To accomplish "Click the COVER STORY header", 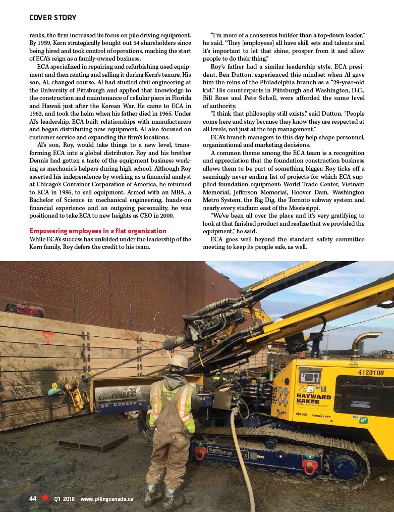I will (52, 18).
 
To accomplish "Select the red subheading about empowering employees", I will (98, 231).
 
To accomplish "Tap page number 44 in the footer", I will (33, 498).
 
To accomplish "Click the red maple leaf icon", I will (45, 498).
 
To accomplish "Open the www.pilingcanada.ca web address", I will (106, 498).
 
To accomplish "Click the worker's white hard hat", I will (179, 361).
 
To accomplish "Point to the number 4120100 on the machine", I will (371, 373).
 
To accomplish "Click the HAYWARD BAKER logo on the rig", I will (314, 399).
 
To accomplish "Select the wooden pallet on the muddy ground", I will (93, 443).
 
